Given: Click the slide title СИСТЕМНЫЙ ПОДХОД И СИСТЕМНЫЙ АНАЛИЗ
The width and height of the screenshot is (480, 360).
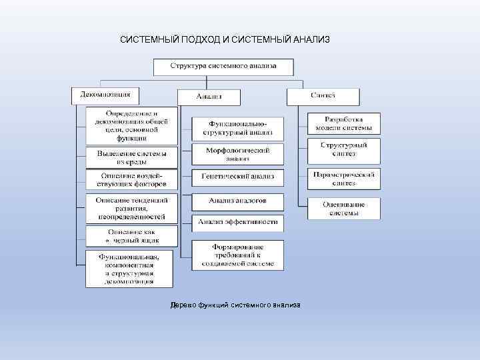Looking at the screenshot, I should pyautogui.click(x=225, y=40).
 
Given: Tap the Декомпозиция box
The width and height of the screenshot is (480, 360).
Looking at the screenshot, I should pyautogui.click(x=105, y=95).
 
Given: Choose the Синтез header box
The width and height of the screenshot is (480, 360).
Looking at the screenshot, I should pyautogui.click(x=323, y=96).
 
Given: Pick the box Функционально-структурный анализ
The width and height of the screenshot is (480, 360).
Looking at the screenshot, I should pyautogui.click(x=237, y=129).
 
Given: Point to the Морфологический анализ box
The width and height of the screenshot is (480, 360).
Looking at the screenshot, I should pyautogui.click(x=237, y=155).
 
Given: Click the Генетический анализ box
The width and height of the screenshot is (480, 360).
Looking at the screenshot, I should pyautogui.click(x=237, y=177).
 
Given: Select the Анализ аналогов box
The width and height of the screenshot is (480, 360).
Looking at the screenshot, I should pyautogui.click(x=237, y=201).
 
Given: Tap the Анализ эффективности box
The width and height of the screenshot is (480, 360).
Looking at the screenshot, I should pyautogui.click(x=237, y=222).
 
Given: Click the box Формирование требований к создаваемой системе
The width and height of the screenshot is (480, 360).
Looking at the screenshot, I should pyautogui.click(x=237, y=255).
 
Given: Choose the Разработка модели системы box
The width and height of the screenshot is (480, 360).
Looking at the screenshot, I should pyautogui.click(x=344, y=123).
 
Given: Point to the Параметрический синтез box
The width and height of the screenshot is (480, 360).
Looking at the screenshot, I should pyautogui.click(x=344, y=178).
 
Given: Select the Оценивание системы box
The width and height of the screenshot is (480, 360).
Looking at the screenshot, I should pyautogui.click(x=344, y=208).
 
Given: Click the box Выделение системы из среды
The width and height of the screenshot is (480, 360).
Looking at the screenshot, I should pyautogui.click(x=132, y=158).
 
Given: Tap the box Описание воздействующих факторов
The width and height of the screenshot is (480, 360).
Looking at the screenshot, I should pyautogui.click(x=132, y=180).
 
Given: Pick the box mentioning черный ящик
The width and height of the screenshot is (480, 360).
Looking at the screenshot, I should pyautogui.click(x=132, y=235).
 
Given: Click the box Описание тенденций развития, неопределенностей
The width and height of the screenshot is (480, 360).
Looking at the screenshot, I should pyautogui.click(x=132, y=208).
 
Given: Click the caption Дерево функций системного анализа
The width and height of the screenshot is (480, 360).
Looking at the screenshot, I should pyautogui.click(x=235, y=305).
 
